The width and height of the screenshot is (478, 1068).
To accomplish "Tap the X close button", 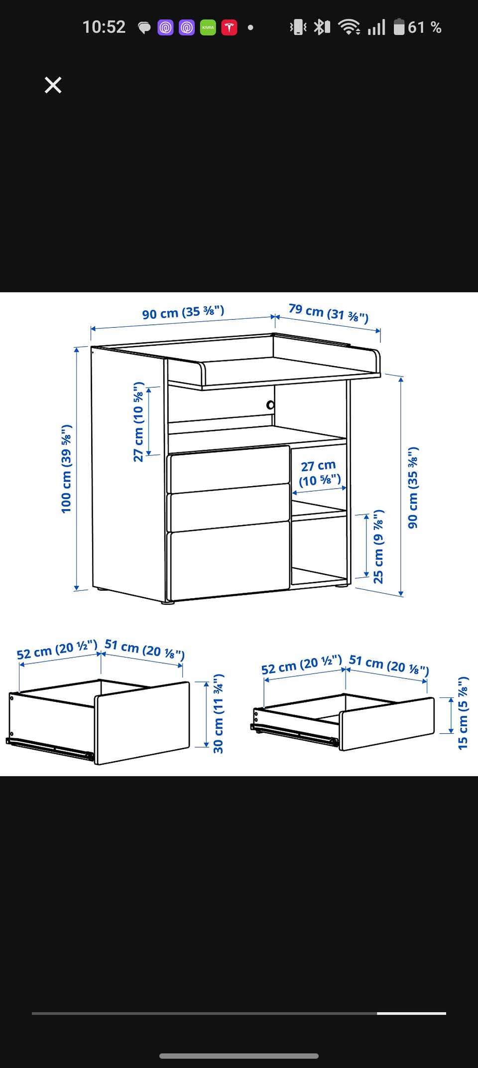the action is (53, 85).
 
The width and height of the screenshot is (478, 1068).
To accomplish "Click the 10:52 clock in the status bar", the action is (104, 27).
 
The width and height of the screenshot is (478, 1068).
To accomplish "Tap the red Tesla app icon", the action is (229, 27).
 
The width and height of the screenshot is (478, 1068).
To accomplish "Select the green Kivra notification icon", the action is (208, 27).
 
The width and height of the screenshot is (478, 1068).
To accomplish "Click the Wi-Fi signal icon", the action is (350, 27).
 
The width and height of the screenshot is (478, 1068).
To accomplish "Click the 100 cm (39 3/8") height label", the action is (66, 469).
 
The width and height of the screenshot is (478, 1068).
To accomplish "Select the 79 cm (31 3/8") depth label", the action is (329, 313).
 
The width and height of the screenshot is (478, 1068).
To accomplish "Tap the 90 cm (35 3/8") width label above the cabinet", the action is (183, 312).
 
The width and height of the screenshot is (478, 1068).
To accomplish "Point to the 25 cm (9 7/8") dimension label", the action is (378, 546).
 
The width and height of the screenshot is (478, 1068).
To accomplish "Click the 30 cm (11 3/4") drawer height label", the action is (218, 714).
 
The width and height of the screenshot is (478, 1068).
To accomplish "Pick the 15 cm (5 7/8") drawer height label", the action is (463, 713).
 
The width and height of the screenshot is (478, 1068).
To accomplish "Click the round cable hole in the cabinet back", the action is (270, 405).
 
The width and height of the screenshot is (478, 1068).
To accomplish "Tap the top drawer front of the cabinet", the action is (230, 469).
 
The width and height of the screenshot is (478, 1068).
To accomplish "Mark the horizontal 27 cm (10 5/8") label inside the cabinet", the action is (320, 473).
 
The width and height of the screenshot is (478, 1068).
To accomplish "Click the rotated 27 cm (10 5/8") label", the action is (138, 422).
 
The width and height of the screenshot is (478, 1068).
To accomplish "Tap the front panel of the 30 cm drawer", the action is (142, 723).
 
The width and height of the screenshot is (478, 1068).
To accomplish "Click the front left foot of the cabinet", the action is (168, 602).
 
